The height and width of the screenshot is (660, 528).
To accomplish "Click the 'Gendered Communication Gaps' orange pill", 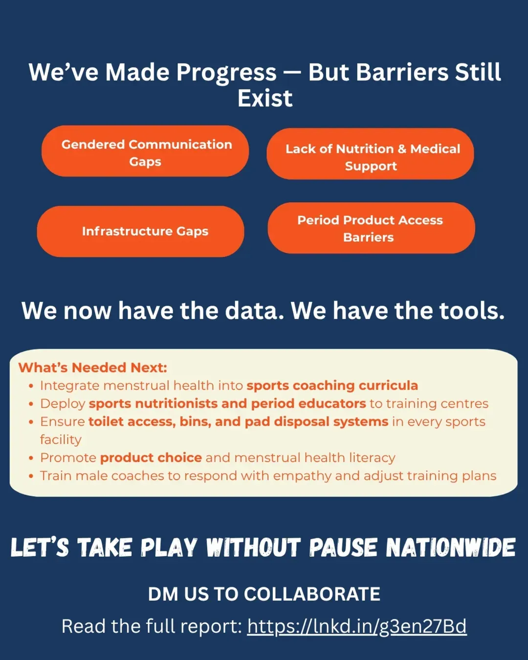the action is coord(145,151).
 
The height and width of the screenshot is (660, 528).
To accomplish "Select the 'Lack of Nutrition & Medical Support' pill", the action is coord(370,154).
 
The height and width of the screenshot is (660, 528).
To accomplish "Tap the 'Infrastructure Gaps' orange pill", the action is coord(140,231).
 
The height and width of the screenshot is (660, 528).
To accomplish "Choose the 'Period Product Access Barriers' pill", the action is coord(371,228).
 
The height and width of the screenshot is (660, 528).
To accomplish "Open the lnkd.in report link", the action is coord(357,626).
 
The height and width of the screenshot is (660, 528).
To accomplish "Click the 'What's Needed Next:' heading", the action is coord(93,368).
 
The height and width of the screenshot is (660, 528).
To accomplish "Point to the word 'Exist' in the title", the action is coord(265,98).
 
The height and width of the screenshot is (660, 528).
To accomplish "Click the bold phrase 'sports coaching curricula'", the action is coord(332,386).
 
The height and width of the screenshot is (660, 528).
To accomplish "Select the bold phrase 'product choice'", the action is coord(151,458).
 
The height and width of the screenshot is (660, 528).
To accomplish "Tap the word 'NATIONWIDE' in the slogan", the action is coord(451,548).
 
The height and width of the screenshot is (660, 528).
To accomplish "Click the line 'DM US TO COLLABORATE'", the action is coord(264,594).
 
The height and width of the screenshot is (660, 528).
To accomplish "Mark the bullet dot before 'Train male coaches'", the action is coord(31,476).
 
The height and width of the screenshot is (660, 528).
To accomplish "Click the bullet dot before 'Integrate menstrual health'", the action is coord(31,386).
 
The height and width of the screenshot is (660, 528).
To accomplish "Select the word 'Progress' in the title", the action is coord(226,73).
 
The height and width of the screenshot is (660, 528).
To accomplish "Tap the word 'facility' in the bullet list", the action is coord(61,440).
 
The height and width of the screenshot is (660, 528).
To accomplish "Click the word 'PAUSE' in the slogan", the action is coord(343,548).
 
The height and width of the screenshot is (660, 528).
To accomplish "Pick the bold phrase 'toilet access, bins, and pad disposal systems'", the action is coord(239,422).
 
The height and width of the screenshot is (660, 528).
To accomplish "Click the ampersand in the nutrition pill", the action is coord(402,149).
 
